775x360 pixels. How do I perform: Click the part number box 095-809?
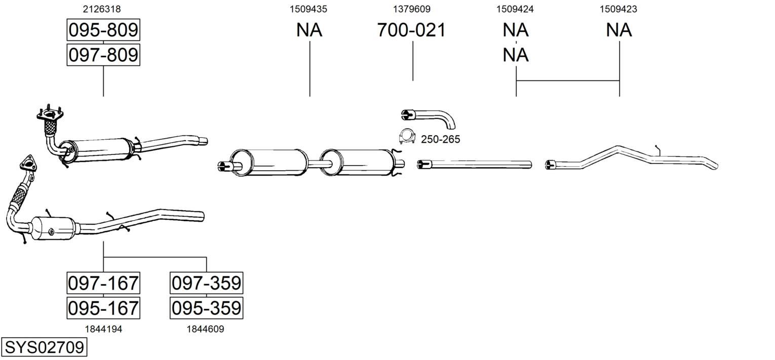[x=103, y=30]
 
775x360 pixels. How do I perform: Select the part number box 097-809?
[x=103, y=55]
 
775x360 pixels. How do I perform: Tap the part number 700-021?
[x=411, y=30]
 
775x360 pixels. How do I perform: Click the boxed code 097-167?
[x=103, y=283]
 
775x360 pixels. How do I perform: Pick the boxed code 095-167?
[x=103, y=308]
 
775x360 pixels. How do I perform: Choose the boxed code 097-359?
[x=206, y=283]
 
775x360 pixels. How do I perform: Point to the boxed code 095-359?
[x=206, y=308]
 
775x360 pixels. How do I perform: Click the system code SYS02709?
[x=44, y=347]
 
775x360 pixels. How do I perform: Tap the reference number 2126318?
[x=102, y=9]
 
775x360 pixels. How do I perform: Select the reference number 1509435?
[x=308, y=9]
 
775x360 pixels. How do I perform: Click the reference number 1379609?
[x=412, y=9]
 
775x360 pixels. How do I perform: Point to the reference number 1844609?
[x=206, y=329]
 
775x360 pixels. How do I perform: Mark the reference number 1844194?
[x=103, y=329]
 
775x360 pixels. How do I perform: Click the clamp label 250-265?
[x=441, y=139]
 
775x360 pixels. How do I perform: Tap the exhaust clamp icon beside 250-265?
[x=407, y=136]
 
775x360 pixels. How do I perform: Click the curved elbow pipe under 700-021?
[x=429, y=116]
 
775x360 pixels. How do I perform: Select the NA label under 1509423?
[x=619, y=30]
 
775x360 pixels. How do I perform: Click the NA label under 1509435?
[x=309, y=30]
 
